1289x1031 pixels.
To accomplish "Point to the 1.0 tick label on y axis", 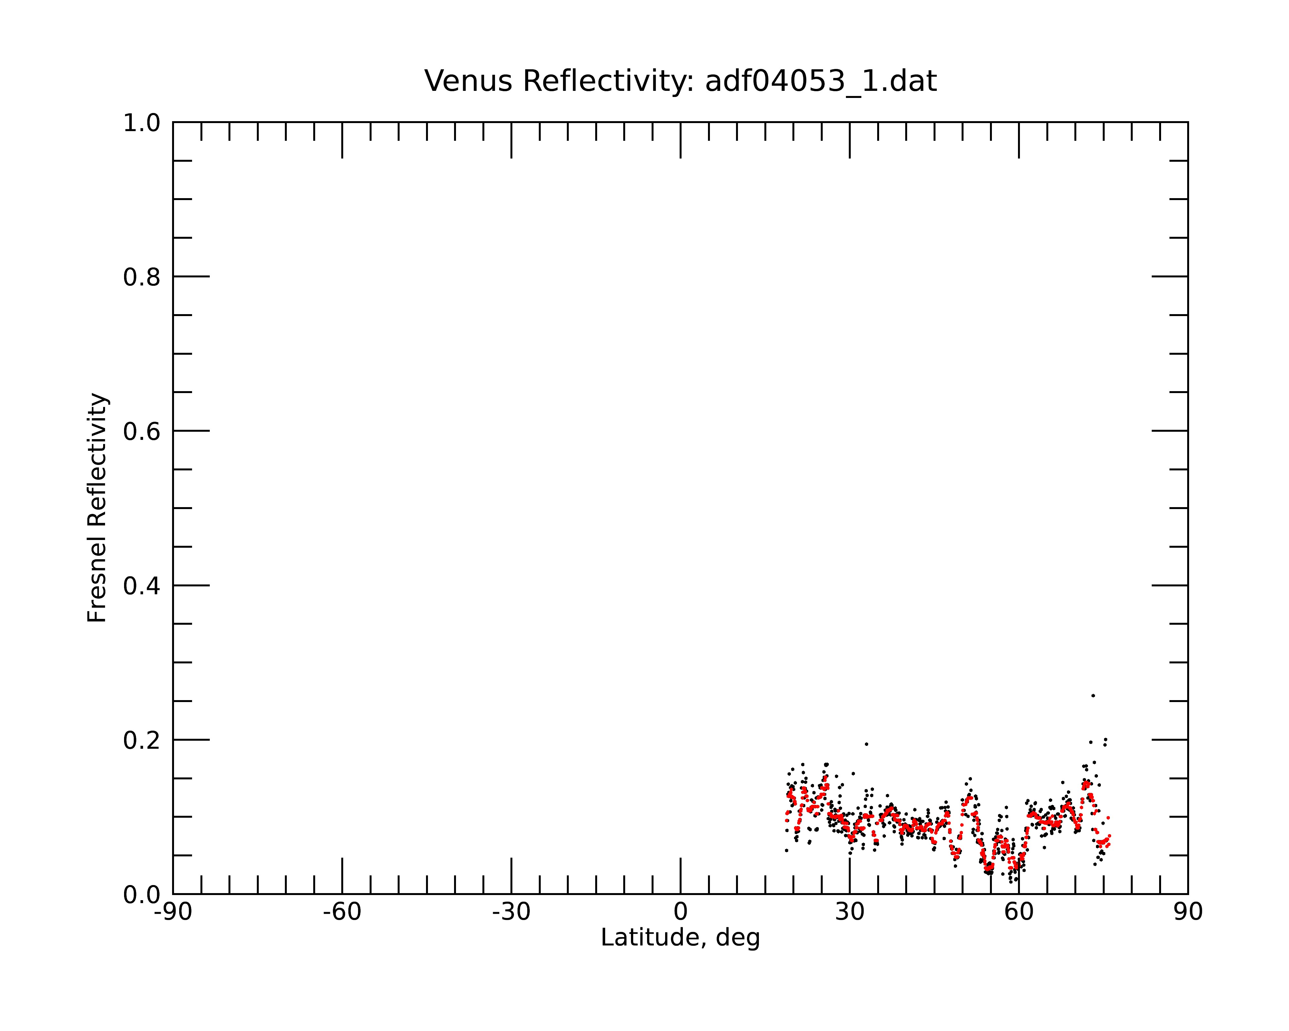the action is point(142,124).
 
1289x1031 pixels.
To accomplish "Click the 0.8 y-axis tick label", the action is point(142,277).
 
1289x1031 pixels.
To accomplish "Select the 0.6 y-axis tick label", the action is point(142,431).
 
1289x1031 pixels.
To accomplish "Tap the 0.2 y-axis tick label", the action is point(142,740).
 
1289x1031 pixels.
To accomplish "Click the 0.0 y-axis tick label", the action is point(142,895).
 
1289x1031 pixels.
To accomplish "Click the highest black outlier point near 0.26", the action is point(1093,696).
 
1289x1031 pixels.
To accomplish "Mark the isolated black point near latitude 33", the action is point(866,744).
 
